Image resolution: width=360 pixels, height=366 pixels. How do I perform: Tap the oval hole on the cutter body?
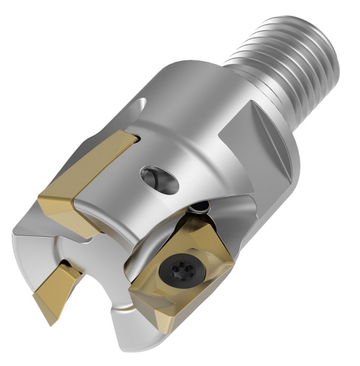(160, 178)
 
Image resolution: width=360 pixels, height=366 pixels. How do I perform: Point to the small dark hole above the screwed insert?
(201, 207)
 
